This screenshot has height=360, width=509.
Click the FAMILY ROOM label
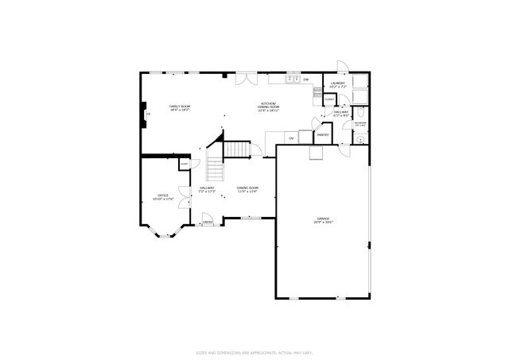pyautogui.click(x=180, y=107)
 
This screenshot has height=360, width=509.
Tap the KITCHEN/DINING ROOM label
pyautogui.click(x=269, y=107)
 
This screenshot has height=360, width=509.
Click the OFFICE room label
pyautogui.click(x=162, y=196)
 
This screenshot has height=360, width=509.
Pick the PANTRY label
pyautogui.click(x=322, y=135)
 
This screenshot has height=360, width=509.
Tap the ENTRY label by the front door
pyautogui.click(x=208, y=223)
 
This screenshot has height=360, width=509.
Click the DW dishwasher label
pyautogui.click(x=305, y=79)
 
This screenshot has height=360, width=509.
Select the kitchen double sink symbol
pyautogui.click(x=292, y=79)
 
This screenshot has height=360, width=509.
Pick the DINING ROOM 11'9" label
pyautogui.click(x=247, y=189)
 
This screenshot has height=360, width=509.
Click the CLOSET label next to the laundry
pyautogui.click(x=328, y=99)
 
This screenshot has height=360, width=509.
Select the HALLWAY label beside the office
pyautogui.click(x=208, y=189)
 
